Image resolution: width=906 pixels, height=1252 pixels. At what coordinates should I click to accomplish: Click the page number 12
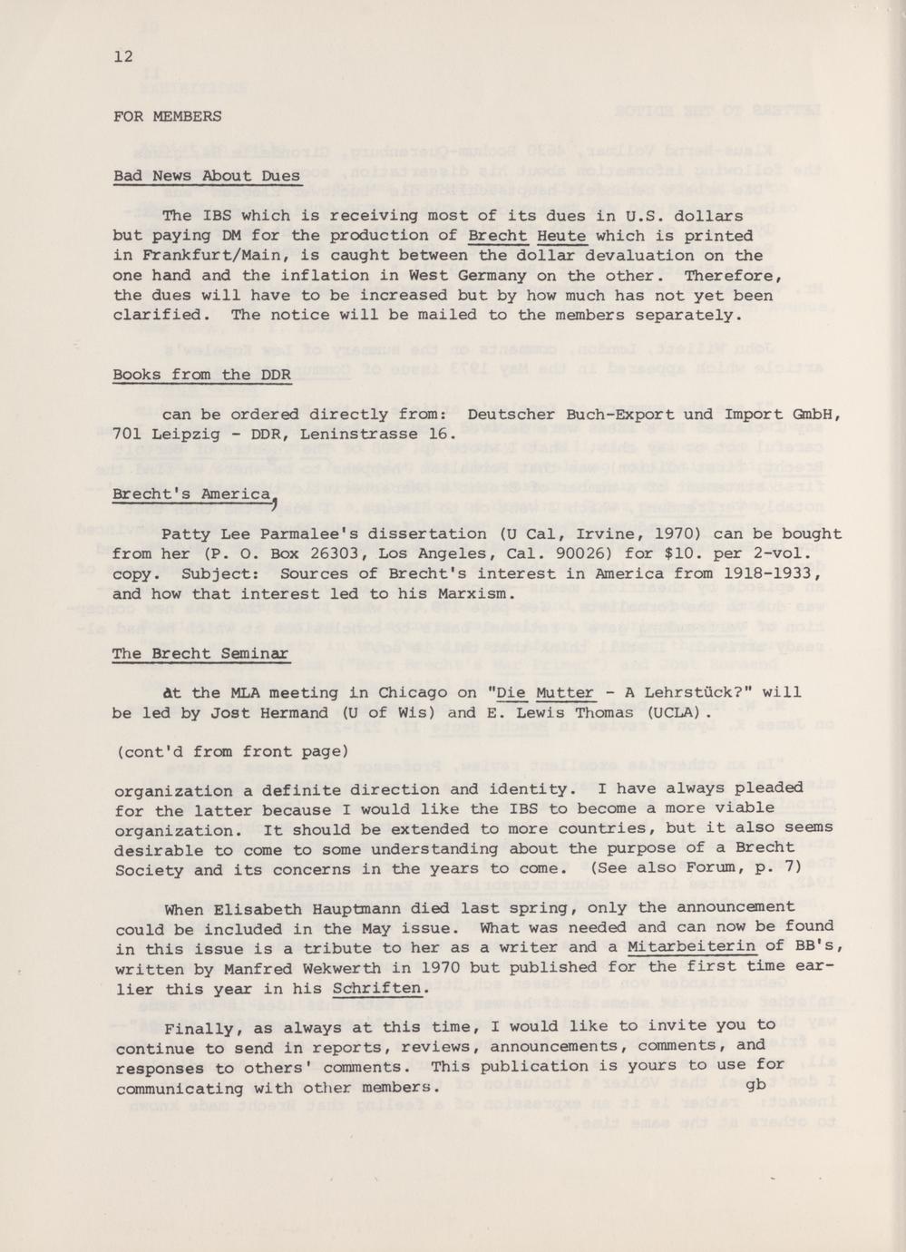click(x=123, y=56)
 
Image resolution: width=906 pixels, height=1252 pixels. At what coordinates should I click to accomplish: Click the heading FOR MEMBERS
click(x=167, y=116)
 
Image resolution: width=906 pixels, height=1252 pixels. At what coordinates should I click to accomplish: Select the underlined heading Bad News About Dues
click(x=207, y=176)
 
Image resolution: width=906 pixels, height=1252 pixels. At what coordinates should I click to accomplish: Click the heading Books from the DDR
click(x=201, y=375)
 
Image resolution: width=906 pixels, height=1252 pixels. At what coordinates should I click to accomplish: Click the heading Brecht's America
click(x=191, y=494)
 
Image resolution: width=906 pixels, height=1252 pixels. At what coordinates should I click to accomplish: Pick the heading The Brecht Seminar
click(x=200, y=653)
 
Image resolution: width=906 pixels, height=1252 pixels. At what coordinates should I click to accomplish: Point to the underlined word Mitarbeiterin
click(x=692, y=947)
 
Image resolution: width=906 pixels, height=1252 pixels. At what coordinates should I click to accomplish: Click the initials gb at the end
click(x=756, y=1084)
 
